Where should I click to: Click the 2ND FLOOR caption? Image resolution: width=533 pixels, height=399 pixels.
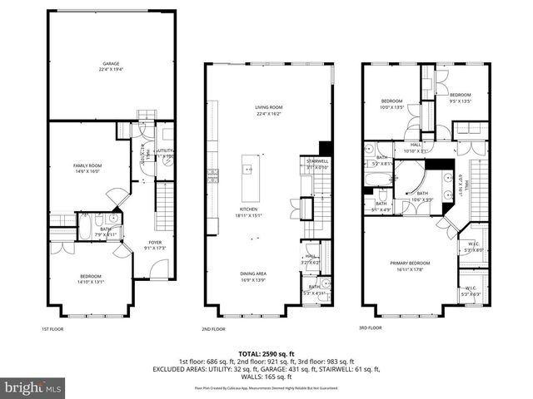pos(213,328)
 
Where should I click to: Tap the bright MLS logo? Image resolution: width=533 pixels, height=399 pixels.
pos(33,387)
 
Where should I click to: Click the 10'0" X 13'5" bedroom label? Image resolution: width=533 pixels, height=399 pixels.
pos(391,104)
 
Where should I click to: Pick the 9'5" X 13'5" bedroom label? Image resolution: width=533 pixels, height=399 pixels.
pos(461,98)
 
